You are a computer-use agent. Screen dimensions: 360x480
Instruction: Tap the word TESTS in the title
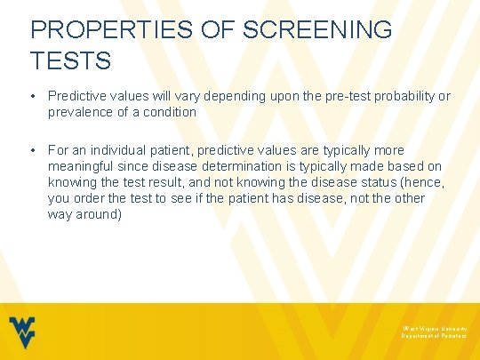70,60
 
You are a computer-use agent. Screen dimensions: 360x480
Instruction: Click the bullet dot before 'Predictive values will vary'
34,95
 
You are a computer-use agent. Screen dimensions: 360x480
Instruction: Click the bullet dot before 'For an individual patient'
34,150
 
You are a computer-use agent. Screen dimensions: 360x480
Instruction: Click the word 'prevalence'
79,111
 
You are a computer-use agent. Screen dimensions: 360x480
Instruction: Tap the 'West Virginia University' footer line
433,327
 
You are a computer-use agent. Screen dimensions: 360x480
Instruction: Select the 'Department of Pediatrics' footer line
433,336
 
